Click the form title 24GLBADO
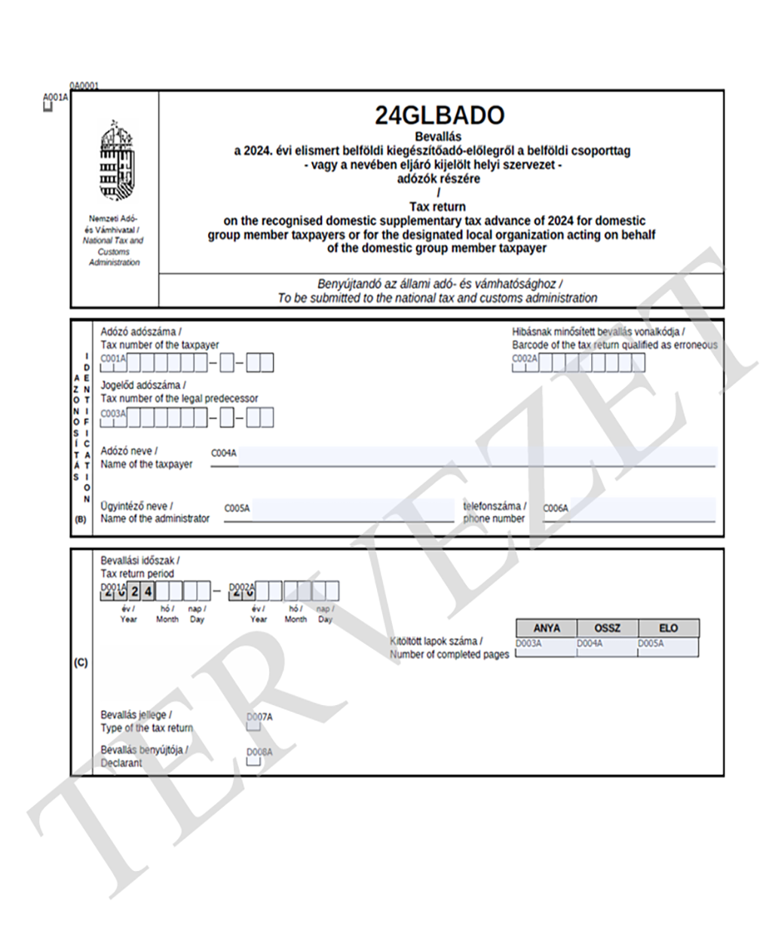coord(439,115)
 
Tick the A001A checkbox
coord(48,107)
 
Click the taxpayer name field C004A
coord(475,456)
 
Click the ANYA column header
coord(547,628)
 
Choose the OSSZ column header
coord(607,628)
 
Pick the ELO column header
coord(668,628)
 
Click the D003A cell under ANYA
coord(546,648)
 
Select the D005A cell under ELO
coord(668,648)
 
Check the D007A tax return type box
coord(254,725)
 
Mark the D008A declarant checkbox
coord(254,761)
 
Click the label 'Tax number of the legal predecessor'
coord(179,398)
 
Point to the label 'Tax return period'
coord(137,574)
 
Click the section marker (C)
coord(81,664)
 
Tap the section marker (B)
coord(81,520)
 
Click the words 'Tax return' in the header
coord(437,207)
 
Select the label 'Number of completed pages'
coord(449,654)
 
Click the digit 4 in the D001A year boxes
coord(149,590)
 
